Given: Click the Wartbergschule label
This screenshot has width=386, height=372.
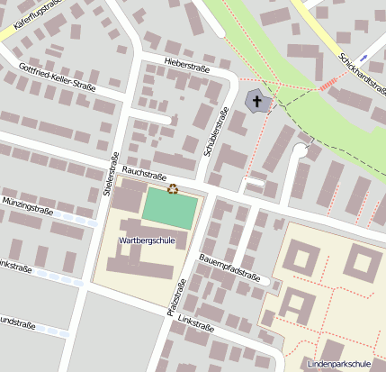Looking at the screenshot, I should pyautogui.click(x=146, y=240).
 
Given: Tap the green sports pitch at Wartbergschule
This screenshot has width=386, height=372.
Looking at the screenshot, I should pyautogui.click(x=169, y=211).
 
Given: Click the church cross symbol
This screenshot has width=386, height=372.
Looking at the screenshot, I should pyautogui.click(x=257, y=101).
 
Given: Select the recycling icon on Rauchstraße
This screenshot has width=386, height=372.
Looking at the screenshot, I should pyautogui.click(x=173, y=188).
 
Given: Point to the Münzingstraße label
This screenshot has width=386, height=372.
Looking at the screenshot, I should pyautogui.click(x=27, y=206).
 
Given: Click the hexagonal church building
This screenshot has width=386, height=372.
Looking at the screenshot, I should pyautogui.click(x=257, y=101).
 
